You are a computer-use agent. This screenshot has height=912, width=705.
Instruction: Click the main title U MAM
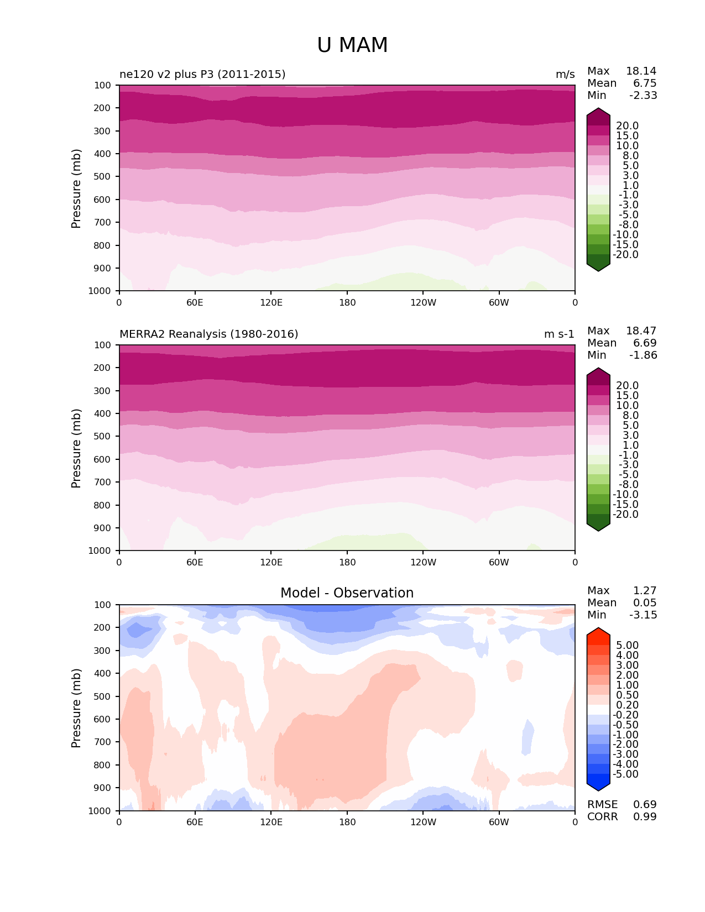(352, 45)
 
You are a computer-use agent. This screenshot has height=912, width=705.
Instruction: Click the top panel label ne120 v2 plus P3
(202, 74)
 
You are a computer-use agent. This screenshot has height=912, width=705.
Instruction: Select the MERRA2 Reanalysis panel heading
(208, 334)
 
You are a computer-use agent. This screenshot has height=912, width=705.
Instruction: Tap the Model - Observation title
(347, 593)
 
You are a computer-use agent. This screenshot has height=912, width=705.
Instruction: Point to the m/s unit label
(565, 74)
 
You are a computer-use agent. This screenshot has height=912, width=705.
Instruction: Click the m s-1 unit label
(559, 334)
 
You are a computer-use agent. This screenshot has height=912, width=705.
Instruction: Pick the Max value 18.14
(641, 71)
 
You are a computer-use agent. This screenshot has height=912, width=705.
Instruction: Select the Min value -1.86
(643, 355)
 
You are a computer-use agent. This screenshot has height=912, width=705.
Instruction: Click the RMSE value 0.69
(645, 804)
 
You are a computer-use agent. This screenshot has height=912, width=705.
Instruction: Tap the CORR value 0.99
(645, 816)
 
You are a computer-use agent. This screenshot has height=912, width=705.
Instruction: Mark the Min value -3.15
(643, 615)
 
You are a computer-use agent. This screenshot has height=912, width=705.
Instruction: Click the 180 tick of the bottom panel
(347, 822)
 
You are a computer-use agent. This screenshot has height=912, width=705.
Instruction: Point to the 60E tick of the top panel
(195, 302)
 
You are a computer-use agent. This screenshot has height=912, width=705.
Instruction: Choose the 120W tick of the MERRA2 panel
(423, 562)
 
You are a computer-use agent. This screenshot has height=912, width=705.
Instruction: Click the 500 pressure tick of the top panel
(103, 176)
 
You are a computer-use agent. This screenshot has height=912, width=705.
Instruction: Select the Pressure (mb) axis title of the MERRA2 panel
(76, 448)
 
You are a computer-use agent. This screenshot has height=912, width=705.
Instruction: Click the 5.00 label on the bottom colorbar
(627, 645)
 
